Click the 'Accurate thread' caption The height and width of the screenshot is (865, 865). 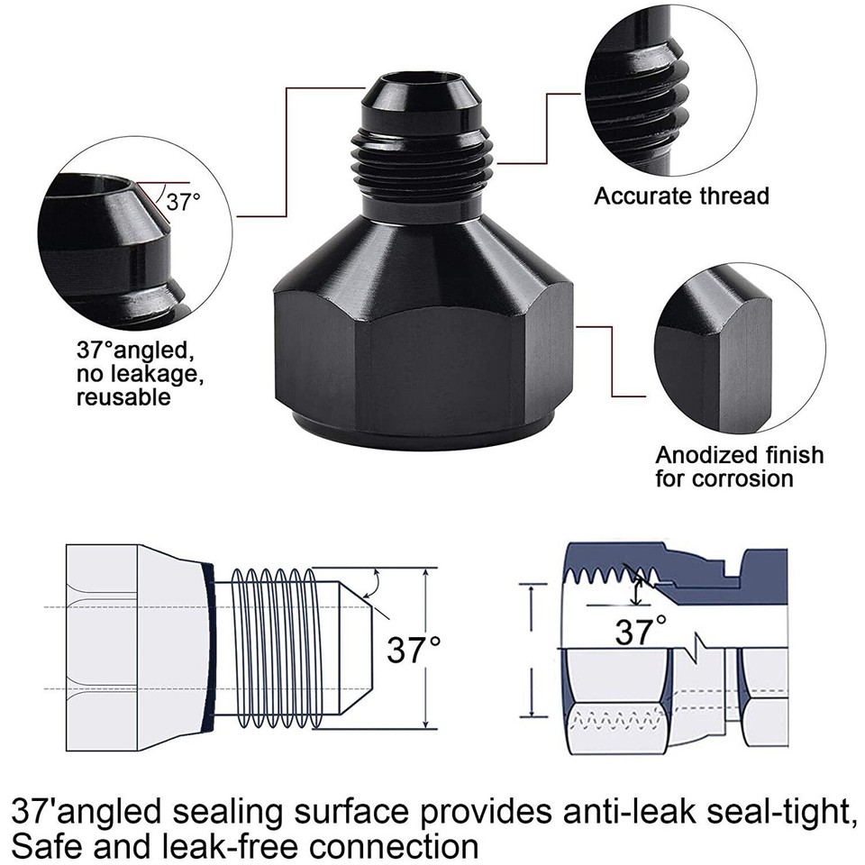pos(681,196)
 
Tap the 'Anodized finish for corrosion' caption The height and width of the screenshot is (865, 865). pos(739,466)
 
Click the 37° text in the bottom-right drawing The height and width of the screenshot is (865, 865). pos(641,630)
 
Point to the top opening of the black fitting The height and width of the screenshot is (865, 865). pos(403,90)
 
